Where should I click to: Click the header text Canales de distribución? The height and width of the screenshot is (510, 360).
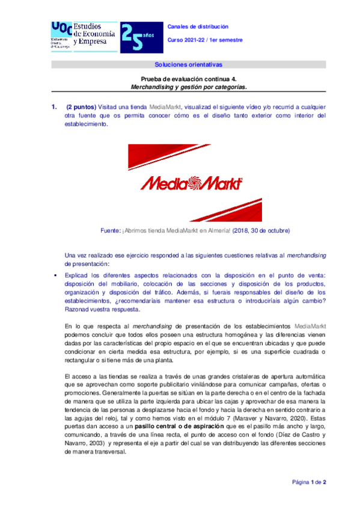coord(198,27)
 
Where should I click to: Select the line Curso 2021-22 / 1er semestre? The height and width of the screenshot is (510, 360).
coord(205,39)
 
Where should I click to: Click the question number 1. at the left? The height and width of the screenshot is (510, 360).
coord(53,107)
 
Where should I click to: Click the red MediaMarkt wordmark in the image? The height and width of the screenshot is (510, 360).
coord(191,183)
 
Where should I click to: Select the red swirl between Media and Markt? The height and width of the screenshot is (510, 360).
coord(191,182)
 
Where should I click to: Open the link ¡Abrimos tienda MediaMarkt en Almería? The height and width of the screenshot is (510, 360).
coord(172,230)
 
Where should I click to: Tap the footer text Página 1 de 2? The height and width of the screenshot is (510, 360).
coord(308,482)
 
